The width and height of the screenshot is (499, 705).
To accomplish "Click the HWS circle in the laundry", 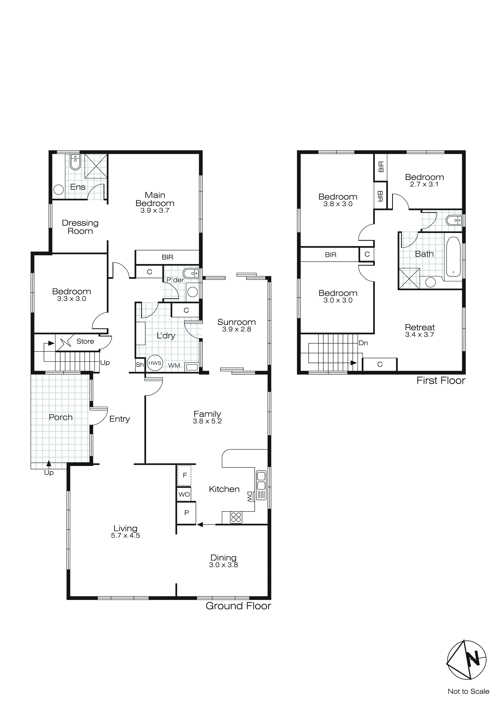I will (x=155, y=363).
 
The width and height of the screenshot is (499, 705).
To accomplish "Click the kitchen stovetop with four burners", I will (x=236, y=517).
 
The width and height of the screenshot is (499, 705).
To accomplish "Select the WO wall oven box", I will (x=184, y=494).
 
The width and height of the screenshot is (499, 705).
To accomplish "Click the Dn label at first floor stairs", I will (x=363, y=343).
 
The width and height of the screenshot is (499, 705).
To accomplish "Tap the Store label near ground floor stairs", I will (x=85, y=341).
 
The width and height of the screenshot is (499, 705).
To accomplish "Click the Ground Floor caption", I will (x=238, y=606).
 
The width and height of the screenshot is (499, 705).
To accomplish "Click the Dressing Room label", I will (x=80, y=227).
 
